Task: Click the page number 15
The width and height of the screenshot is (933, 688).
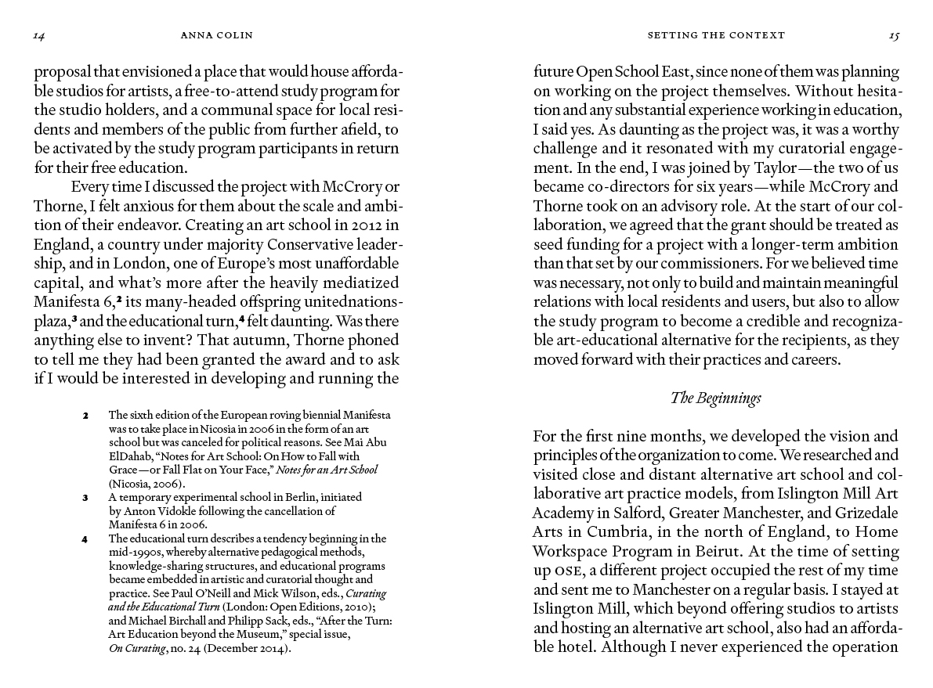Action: pos(894,35)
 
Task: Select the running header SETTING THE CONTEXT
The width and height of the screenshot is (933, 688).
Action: pos(716,35)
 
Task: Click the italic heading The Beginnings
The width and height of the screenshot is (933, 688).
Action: pos(716,398)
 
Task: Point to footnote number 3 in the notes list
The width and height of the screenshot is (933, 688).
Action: pos(85,497)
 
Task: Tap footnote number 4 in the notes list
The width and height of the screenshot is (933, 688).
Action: pos(85,539)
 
